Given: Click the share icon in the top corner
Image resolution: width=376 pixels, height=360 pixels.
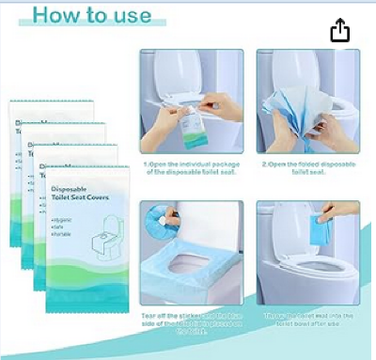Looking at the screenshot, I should (339, 32).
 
